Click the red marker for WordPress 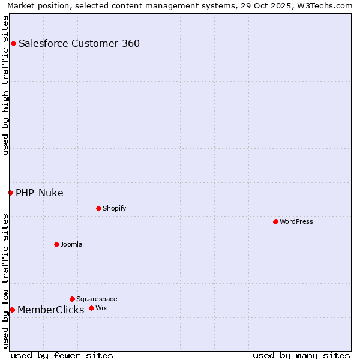click(275, 221)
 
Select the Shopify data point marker click(98, 208)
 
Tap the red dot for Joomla click(56, 244)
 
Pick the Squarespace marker click(72, 299)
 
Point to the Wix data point click(91, 308)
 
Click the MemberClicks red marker click(12, 310)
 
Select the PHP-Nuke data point click(10, 193)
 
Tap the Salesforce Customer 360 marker click(13, 43)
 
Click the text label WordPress click(296, 221)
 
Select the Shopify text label click(114, 208)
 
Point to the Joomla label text click(71, 244)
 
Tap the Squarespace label click(97, 299)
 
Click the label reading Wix click(101, 308)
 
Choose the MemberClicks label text click(50, 310)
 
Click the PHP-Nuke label click(40, 193)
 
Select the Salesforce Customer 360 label click(79, 43)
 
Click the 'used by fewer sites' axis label click(62, 355)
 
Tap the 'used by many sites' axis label click(301, 355)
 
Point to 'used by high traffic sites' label click(5, 85)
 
